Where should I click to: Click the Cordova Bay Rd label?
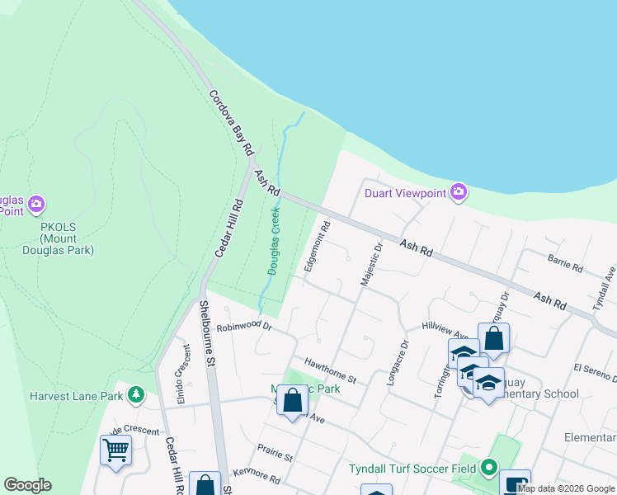(230, 124)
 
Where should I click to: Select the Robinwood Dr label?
(244, 327)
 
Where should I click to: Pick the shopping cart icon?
(115, 450)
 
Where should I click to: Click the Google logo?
(27, 485)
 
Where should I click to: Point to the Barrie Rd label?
(565, 263)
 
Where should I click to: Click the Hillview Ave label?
(445, 330)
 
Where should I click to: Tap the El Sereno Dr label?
(595, 373)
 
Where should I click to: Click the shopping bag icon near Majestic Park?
(292, 401)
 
